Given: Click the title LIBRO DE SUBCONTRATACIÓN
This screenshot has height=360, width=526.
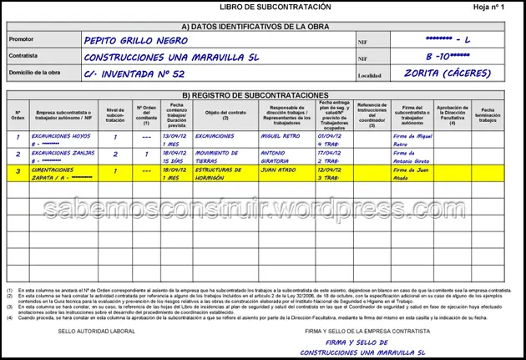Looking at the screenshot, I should [264, 7].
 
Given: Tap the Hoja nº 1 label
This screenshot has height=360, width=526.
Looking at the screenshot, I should [490, 7].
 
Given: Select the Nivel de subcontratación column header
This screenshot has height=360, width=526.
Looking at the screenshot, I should [115, 114].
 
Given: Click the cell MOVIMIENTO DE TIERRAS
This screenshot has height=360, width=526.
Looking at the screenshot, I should [219, 155].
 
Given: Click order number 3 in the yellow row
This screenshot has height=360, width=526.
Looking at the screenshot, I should [18, 171].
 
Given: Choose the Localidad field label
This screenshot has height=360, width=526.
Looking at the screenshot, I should [370, 75].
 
